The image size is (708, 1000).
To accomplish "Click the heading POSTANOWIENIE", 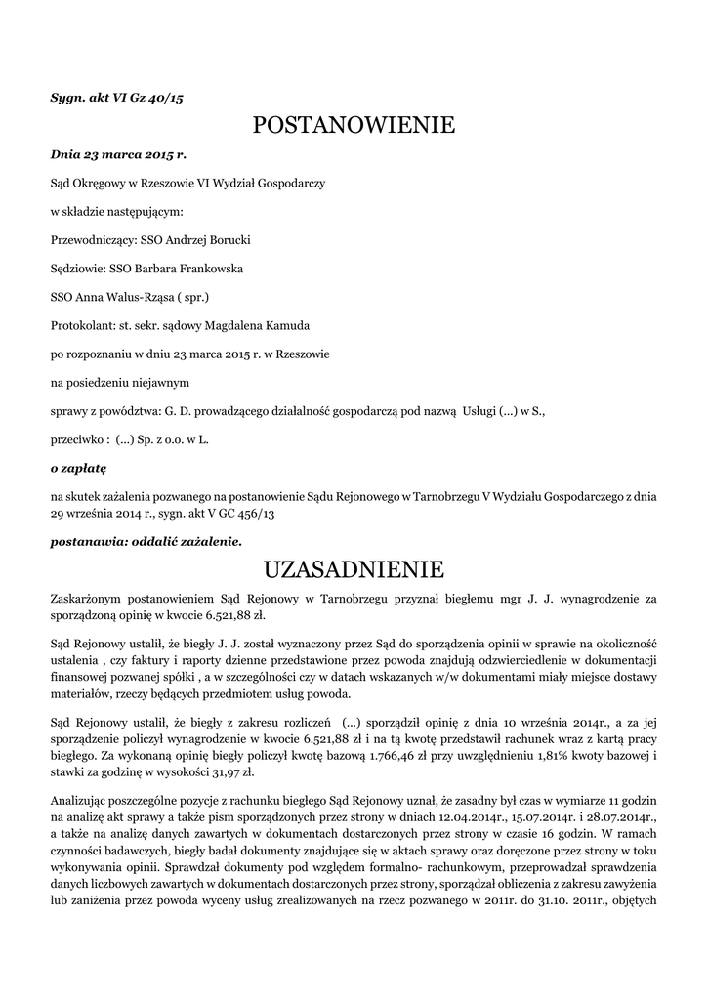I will tap(354, 126).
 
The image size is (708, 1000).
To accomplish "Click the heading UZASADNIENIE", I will tap(354, 569).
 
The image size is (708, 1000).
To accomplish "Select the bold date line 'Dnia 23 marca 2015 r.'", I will tap(118, 154).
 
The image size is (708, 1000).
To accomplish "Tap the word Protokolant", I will tap(81, 324).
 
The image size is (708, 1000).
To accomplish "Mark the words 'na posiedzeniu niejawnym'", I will tap(119, 382).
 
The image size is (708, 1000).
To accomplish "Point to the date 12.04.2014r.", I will tap(457, 814).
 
